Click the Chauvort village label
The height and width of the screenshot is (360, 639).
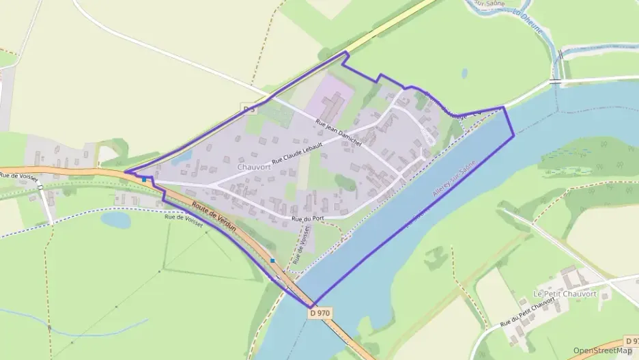[253, 167]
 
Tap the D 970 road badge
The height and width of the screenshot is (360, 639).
[319, 313]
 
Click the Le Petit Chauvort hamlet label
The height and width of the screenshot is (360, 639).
[564, 294]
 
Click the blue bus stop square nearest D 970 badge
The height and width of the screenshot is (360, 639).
[272, 260]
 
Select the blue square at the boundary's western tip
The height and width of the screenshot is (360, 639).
[144, 180]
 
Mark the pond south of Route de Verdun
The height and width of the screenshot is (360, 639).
[115, 219]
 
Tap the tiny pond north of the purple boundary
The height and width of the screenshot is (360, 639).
[464, 72]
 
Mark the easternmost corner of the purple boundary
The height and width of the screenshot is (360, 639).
[513, 135]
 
